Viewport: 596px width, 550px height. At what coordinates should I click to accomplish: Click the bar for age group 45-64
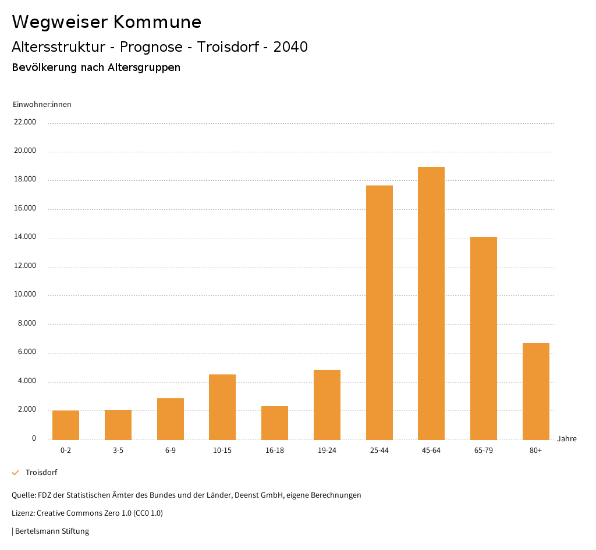431,303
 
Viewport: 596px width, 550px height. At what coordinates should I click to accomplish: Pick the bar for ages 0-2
66,425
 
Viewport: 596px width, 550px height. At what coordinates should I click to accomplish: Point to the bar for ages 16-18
275,423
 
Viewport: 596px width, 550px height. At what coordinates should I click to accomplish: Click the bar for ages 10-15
222,407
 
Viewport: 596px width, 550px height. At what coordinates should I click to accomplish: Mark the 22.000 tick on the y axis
25,122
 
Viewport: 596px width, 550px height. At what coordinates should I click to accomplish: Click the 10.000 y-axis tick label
25,294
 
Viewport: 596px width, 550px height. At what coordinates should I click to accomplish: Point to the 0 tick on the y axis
34,438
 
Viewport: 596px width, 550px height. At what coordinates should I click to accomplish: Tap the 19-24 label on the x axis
327,451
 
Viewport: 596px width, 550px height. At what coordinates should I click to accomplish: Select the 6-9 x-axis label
171,451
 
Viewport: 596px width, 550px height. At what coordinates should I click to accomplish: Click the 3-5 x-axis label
118,451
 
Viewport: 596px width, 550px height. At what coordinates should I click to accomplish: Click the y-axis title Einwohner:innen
42,104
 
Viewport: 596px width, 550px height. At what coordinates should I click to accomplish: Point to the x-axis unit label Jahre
567,438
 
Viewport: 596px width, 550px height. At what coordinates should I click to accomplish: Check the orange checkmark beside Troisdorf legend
16,473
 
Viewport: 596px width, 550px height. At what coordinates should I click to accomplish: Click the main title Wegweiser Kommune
107,22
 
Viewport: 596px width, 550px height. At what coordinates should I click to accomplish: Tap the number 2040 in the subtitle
290,47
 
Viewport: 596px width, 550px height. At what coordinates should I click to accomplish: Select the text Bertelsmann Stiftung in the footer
52,531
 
